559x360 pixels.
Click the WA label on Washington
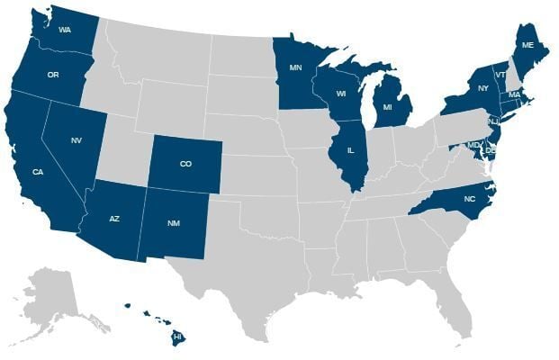65,30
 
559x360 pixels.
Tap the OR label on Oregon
52,75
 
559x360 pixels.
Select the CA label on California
38,173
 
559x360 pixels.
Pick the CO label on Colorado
185,164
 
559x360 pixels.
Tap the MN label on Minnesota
294,67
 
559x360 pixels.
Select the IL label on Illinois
349,150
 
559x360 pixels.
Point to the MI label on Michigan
388,108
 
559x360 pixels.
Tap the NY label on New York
483,88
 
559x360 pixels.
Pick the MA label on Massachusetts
515,94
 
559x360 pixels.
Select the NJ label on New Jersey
493,121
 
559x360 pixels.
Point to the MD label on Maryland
473,144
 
